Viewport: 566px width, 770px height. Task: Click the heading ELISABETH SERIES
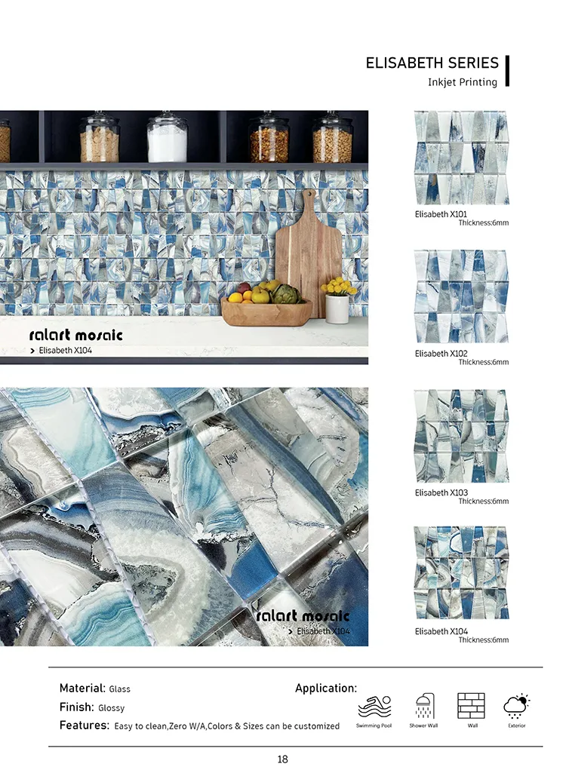coord(432,63)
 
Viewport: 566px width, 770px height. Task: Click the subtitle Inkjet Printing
coord(463,82)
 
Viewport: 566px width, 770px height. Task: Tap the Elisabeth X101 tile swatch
coord(461,158)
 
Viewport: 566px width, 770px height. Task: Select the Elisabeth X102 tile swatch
coord(461,296)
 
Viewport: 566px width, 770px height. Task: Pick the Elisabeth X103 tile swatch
coord(461,436)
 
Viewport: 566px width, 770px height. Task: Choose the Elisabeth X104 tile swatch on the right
coord(461,574)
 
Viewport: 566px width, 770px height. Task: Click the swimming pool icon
coord(374,707)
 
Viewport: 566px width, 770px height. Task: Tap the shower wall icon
coord(423,707)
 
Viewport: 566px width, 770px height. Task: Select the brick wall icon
coord(471,706)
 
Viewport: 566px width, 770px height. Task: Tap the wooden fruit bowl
coord(266,309)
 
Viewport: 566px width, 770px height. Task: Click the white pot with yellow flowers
coord(337,302)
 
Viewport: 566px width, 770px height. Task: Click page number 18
coord(282,759)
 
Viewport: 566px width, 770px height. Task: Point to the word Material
coord(82,689)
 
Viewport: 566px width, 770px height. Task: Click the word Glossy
coord(111,708)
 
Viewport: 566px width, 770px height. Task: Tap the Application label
coord(326,689)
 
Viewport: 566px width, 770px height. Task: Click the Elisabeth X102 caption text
coord(441,354)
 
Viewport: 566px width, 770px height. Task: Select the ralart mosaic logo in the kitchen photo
coord(75,335)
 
